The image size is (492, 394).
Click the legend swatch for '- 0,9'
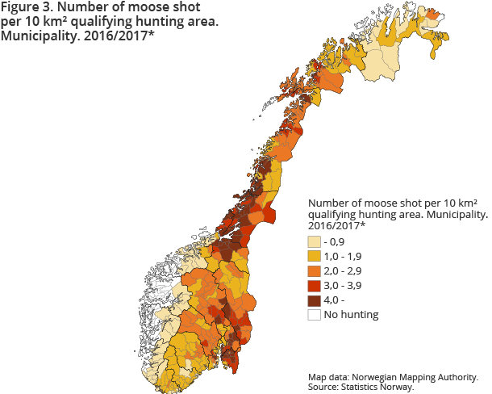pyautogui.click(x=314, y=242)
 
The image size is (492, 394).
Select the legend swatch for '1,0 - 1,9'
pyautogui.click(x=314, y=257)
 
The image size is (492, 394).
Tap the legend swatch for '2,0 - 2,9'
pyautogui.click(x=314, y=271)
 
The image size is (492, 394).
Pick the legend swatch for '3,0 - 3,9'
pyautogui.click(x=314, y=286)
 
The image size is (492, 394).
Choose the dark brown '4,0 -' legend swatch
pyautogui.click(x=314, y=300)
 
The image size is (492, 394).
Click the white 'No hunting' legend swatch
pyautogui.click(x=314, y=315)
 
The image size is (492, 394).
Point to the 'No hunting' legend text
pyautogui.click(x=351, y=315)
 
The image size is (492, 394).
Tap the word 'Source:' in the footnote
pyautogui.click(x=323, y=387)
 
